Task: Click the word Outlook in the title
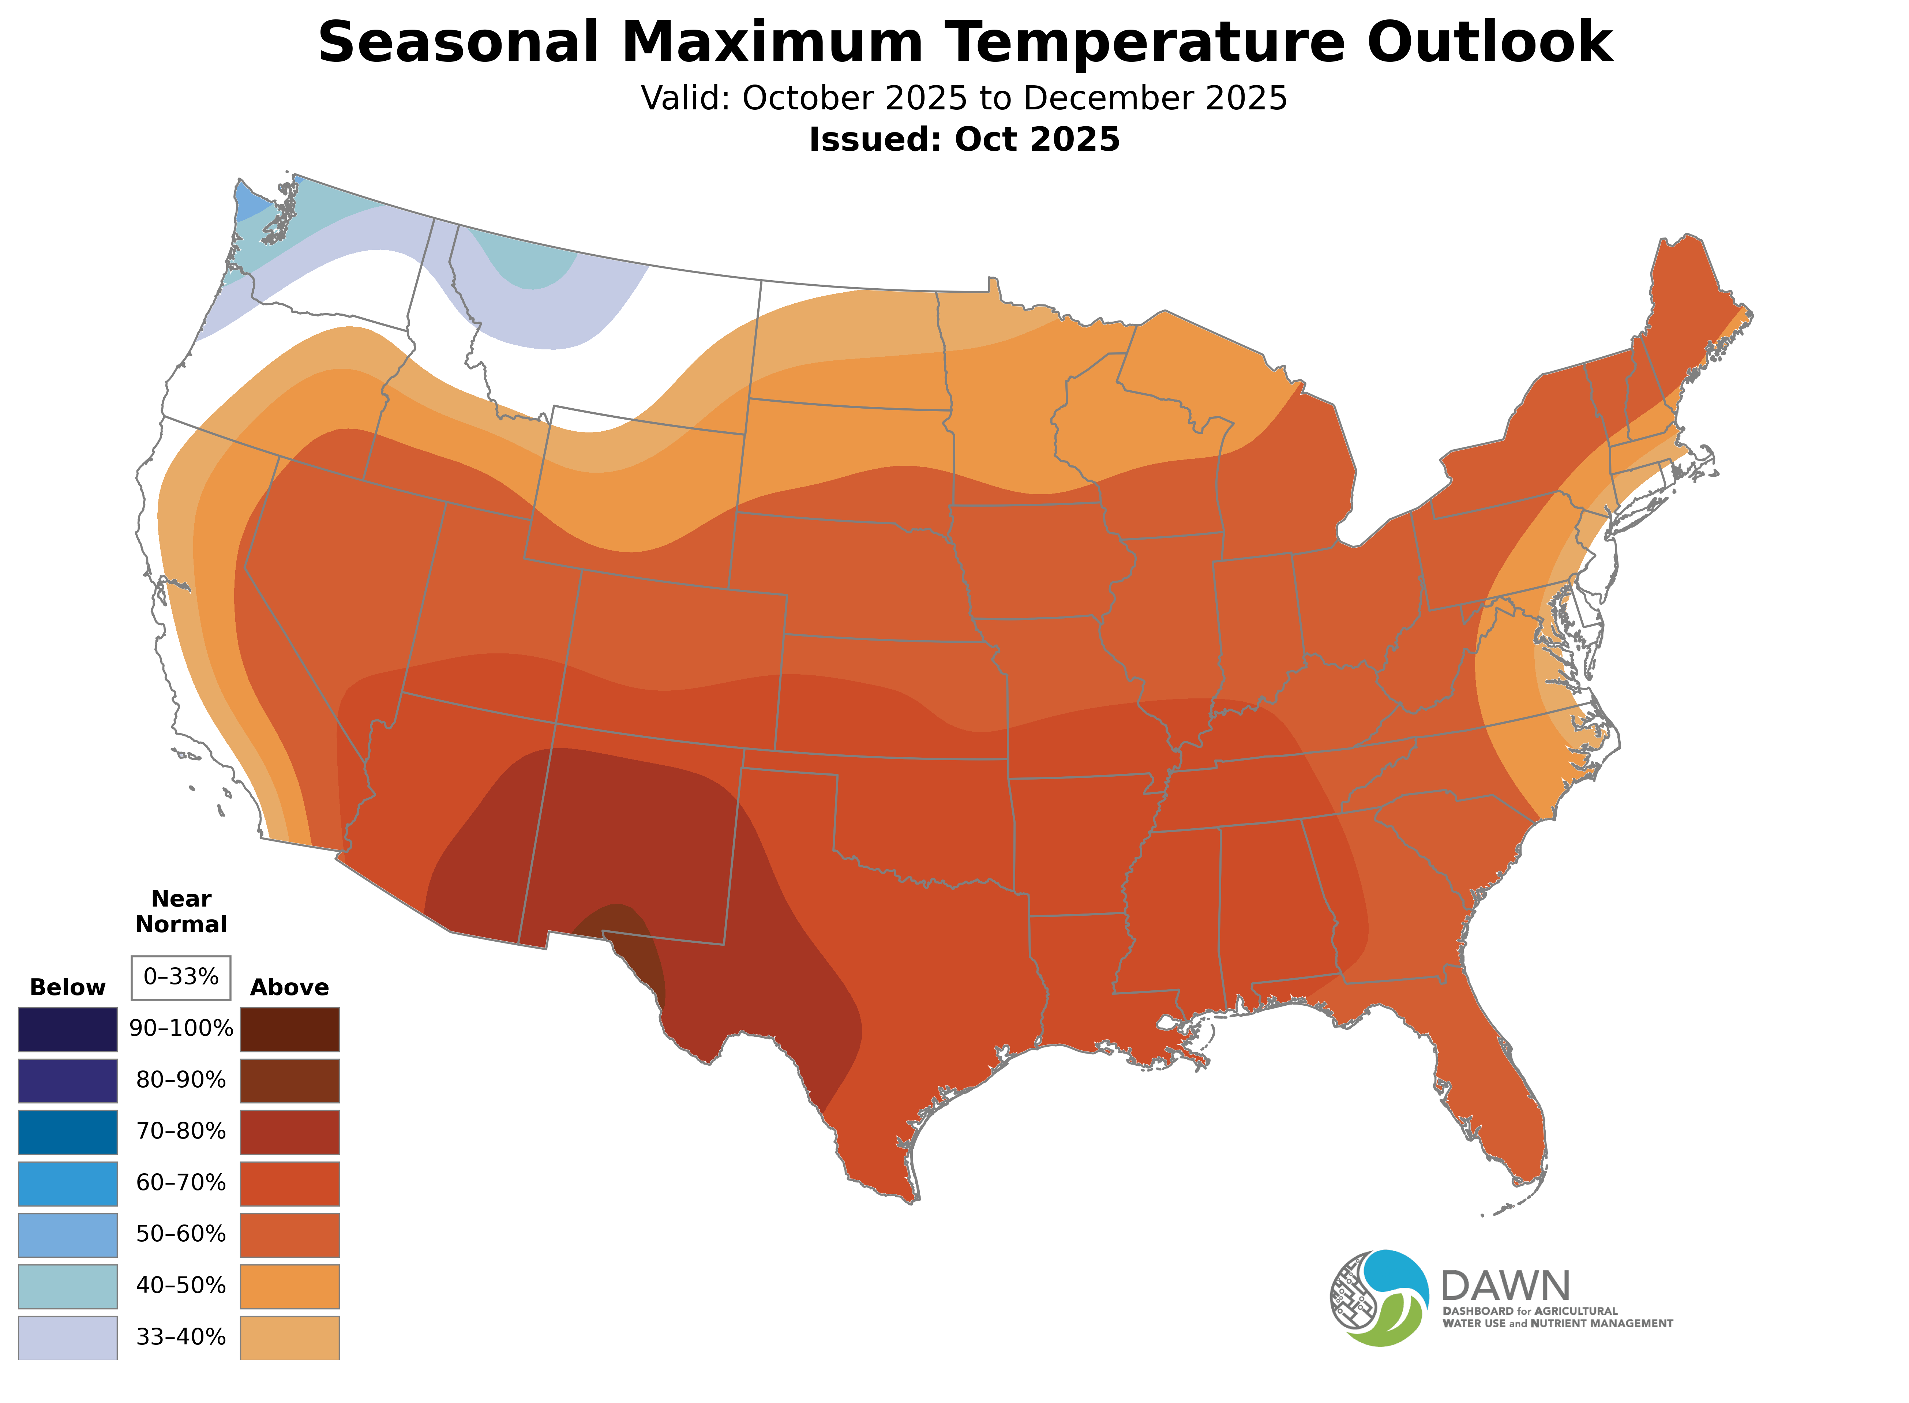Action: (x=1490, y=42)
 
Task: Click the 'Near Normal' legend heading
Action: (x=181, y=911)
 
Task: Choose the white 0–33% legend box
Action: (x=181, y=977)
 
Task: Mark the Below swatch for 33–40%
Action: (x=68, y=1337)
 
